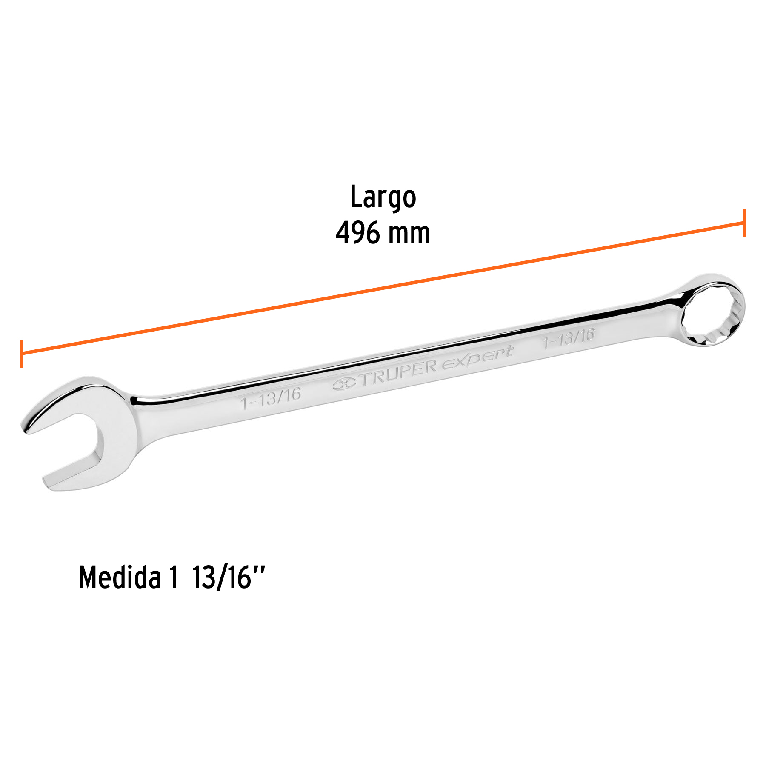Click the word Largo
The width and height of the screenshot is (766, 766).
click(383, 197)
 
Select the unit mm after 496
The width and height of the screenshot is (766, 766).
click(409, 234)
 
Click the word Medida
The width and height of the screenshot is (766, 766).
click(120, 578)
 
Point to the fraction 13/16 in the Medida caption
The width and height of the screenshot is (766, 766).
click(221, 578)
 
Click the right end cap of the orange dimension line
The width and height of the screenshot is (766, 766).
click(744, 223)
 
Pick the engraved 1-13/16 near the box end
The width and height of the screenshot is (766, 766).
click(568, 337)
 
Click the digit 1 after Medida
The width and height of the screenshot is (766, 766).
click(173, 578)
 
